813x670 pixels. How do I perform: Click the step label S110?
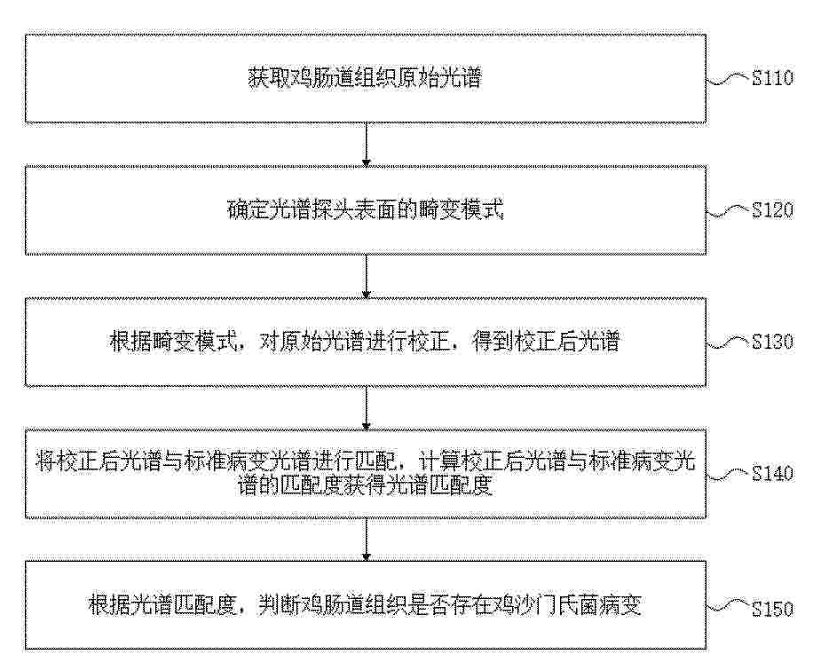coord(772,78)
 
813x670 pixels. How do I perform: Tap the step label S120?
coord(772,210)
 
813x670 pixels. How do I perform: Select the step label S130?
coord(772,342)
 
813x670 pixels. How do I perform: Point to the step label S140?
coord(772,474)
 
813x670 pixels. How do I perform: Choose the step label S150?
coord(772,608)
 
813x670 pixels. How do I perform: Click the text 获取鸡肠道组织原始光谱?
coord(365,78)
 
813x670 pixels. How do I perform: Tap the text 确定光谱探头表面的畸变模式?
coord(365,210)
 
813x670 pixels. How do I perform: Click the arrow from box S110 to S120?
coord(366,145)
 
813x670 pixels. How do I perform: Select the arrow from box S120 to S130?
coord(366,276)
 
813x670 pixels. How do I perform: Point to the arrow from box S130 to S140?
coord(366,408)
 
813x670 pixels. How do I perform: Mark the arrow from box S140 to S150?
coord(366,540)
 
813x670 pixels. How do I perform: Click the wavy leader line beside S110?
coord(729,80)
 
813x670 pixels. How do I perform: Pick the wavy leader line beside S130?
coord(729,343)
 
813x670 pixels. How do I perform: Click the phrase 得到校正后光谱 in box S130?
coord(546,343)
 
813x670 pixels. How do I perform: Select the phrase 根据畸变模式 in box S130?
coord(172,343)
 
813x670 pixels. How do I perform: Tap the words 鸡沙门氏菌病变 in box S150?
coord(569,605)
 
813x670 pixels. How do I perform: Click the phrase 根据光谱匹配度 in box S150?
coord(162,605)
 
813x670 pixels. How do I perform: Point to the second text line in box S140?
coord(365,486)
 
